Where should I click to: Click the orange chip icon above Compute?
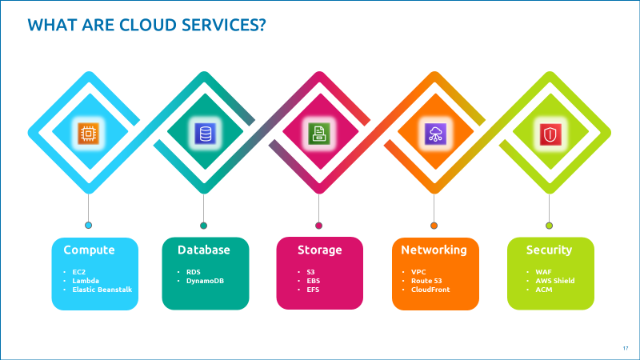(x=88, y=134)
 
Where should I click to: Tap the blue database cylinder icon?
(x=204, y=134)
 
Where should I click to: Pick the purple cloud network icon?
(x=434, y=134)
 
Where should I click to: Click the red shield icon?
(x=550, y=134)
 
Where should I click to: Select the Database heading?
(x=203, y=250)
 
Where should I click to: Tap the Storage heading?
(x=319, y=250)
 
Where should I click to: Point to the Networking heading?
(x=434, y=250)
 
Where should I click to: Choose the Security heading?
(x=549, y=250)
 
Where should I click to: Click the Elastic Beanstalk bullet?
(x=102, y=290)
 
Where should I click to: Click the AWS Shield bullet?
(x=554, y=281)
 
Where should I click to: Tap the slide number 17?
(x=625, y=347)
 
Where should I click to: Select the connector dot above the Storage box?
(x=318, y=226)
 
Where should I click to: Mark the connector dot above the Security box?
(x=549, y=226)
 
